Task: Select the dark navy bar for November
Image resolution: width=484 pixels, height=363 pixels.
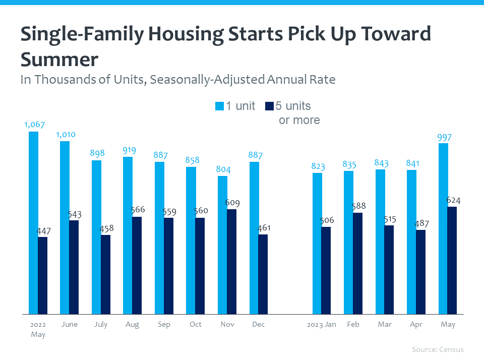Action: [x=231, y=262]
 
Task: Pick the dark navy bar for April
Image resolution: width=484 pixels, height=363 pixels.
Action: [x=420, y=272]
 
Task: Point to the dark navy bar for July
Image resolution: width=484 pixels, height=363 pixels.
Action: [x=105, y=275]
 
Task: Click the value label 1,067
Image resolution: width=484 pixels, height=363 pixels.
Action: [x=33, y=125]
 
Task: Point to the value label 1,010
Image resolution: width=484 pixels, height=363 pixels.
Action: [x=65, y=135]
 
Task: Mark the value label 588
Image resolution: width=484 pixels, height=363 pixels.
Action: [x=358, y=206]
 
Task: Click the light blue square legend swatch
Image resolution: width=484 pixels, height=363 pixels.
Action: [x=219, y=106]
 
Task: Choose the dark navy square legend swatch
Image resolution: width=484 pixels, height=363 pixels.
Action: [x=269, y=106]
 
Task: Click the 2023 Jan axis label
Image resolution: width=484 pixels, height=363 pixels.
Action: [x=322, y=325]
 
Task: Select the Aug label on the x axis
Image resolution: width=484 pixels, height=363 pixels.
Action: [x=132, y=325]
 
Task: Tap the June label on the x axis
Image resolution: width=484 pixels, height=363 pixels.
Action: [x=69, y=325]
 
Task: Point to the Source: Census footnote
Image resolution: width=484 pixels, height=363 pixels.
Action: [x=437, y=349]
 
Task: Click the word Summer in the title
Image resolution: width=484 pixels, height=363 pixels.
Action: [x=59, y=59]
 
